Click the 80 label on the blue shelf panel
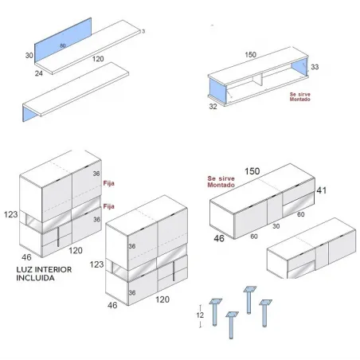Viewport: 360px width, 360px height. (x=62, y=47)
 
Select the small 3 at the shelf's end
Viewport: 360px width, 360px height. (x=143, y=31)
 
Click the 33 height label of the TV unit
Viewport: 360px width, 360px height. (x=315, y=68)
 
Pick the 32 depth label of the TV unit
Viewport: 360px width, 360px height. (x=212, y=104)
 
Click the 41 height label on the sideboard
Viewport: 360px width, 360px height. (x=321, y=191)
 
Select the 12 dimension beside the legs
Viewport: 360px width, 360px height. (x=199, y=315)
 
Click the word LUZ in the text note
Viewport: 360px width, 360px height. (x=24, y=270)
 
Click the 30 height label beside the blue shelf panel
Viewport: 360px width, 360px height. (x=29, y=56)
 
